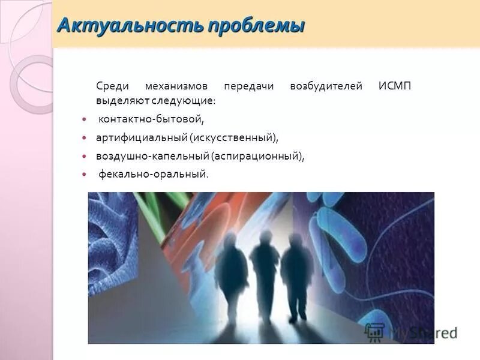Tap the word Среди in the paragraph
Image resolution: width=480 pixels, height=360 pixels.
pyautogui.click(x=109, y=86)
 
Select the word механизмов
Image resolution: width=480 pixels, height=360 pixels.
pyautogui.click(x=175, y=86)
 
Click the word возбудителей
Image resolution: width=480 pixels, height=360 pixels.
pyautogui.click(x=326, y=86)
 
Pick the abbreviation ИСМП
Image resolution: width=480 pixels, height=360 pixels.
pyautogui.click(x=395, y=86)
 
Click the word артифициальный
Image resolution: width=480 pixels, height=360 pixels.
pyautogui.click(x=142, y=138)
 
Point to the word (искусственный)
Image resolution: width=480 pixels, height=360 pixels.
pyautogui.click(x=234, y=138)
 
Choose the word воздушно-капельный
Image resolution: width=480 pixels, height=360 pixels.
pyautogui.click(x=152, y=156)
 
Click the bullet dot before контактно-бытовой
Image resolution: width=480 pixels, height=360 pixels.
pyautogui.click(x=85, y=120)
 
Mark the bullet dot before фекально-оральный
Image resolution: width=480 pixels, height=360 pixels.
pyautogui.click(x=85, y=175)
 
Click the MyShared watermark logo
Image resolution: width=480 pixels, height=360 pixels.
pyautogui.click(x=412, y=332)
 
